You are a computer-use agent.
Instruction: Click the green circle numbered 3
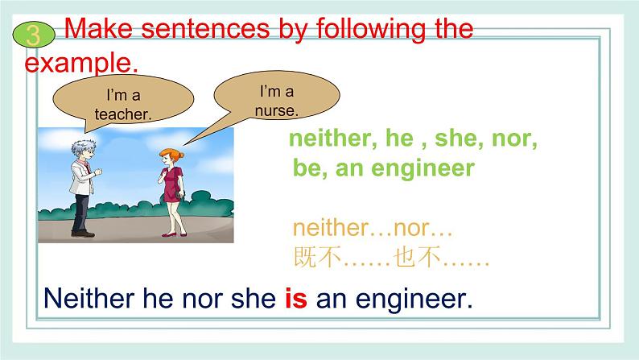tap(32, 35)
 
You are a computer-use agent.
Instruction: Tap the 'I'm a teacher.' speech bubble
tap(122, 104)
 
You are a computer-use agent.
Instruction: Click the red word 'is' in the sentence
tap(296, 300)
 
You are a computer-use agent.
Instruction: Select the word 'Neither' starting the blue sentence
tap(86, 300)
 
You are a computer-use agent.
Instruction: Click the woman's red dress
tap(173, 185)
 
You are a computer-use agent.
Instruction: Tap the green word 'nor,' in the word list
tap(516, 139)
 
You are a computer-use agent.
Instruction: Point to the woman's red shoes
tap(171, 235)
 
